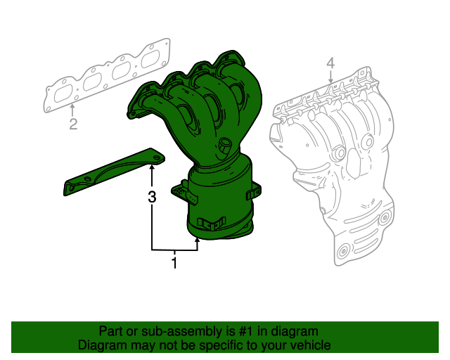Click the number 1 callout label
tap(174, 264)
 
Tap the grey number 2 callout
tap(72, 125)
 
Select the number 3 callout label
tap(151, 198)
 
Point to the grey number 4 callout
tap(330, 66)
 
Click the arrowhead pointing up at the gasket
tap(72, 108)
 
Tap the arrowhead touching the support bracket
tap(151, 166)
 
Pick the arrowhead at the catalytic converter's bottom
tap(198, 241)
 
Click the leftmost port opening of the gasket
tap(63, 93)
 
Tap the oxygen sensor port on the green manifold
tap(225, 146)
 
